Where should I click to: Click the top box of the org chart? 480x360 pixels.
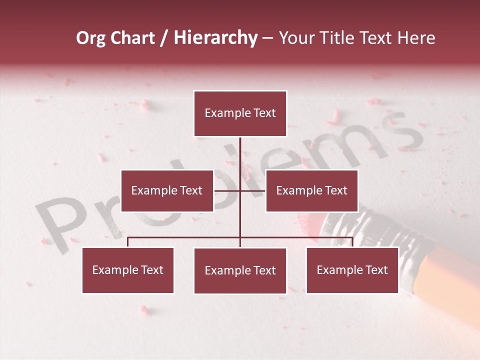tap(240, 113)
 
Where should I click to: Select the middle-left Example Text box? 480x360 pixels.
tap(167, 190)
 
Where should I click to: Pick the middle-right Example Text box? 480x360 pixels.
tap(311, 190)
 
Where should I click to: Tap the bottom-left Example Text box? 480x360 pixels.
tap(128, 270)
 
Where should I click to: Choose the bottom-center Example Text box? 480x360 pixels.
tap(240, 270)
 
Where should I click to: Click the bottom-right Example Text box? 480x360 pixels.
tap(352, 270)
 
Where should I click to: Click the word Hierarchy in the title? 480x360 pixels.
tap(215, 38)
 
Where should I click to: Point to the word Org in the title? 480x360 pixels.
tap(90, 38)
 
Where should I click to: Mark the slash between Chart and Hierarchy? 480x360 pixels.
tap(164, 38)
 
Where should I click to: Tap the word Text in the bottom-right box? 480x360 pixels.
tap(376, 270)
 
